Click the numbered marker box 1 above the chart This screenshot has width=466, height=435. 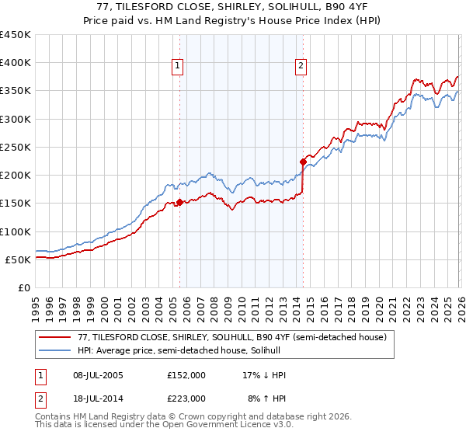tap(179, 67)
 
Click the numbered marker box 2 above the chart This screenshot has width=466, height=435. tap(301, 67)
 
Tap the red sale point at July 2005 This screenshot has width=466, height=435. tap(179, 202)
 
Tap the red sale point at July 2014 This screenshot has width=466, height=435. tap(303, 162)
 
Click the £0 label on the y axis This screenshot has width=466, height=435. tap(23, 287)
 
